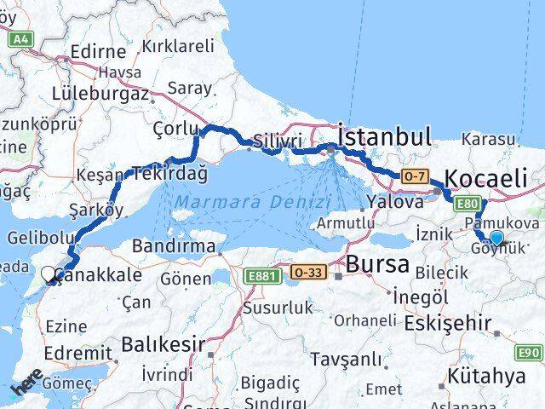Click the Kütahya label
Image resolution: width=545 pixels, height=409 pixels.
tap(489, 376)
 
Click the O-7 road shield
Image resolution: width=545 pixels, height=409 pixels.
tap(414, 176)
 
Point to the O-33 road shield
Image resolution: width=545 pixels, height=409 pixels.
tap(308, 272)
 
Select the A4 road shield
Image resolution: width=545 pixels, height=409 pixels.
tap(21, 37)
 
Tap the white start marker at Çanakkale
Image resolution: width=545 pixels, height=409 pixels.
tap(49, 274)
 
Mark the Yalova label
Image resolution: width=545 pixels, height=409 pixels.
tap(394, 203)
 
